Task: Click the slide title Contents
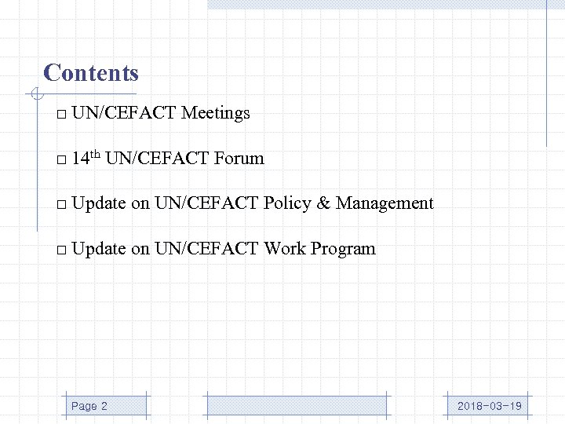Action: click(91, 73)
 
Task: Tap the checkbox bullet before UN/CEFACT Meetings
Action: click(60, 115)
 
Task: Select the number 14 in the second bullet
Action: click(79, 159)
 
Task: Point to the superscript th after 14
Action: click(93, 154)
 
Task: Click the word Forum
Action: click(239, 159)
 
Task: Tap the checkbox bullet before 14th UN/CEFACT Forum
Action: click(60, 160)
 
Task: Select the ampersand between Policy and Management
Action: click(323, 203)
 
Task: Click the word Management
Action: click(385, 203)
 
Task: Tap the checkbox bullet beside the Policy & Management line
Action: click(60, 205)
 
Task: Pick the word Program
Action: click(343, 250)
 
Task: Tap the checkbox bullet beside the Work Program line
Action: click(60, 250)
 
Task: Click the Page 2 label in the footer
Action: click(89, 406)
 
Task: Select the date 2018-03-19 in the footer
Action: click(490, 406)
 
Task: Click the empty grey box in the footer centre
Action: click(297, 405)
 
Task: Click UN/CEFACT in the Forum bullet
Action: click(156, 159)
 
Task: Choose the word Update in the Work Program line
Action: click(98, 249)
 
